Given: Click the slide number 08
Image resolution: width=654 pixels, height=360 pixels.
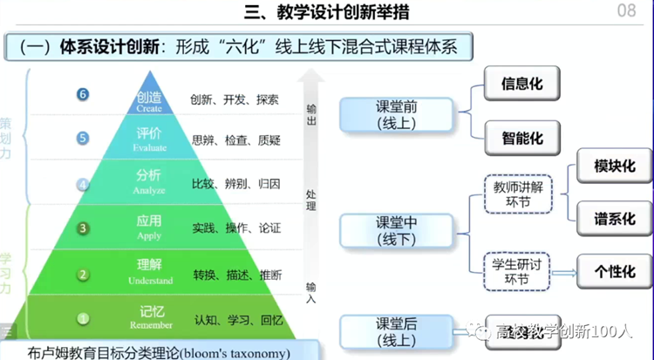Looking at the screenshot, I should (626, 11).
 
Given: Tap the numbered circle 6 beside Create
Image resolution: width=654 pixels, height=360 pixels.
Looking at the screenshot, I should (82, 94).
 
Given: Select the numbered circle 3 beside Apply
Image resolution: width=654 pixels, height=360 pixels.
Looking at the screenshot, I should (83, 228).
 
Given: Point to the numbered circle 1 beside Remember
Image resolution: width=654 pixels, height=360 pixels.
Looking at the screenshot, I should (83, 319).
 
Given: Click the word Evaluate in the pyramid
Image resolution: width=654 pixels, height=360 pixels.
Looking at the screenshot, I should (149, 148).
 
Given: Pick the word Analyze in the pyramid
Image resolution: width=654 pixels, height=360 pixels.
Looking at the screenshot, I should (149, 190).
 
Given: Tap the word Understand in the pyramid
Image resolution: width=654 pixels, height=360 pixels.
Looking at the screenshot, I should (149, 281).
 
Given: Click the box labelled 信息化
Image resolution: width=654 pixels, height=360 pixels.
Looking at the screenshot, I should (521, 85).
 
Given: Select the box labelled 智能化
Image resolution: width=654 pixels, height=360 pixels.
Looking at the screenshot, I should (521, 138).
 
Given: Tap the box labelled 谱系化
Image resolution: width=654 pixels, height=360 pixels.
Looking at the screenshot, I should (615, 218).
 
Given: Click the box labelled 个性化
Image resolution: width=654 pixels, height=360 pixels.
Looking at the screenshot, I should (615, 272).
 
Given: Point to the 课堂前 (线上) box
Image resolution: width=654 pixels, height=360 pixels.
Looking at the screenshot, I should (397, 115).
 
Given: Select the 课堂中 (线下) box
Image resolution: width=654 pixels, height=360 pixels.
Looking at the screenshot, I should (397, 230).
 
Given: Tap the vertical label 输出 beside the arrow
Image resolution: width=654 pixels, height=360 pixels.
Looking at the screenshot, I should (311, 115).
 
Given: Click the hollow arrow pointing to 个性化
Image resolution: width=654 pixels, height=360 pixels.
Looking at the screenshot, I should (563, 272).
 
